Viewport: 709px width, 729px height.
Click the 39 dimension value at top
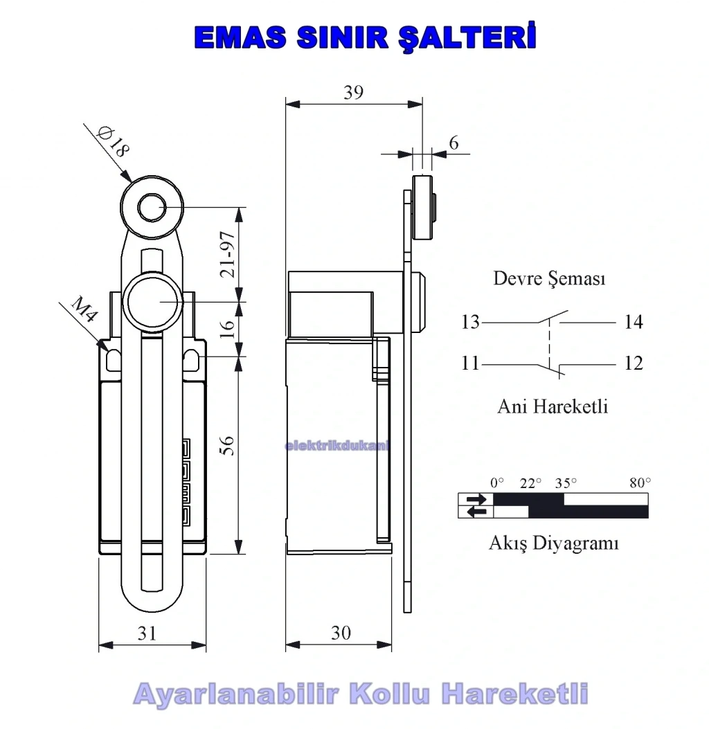coord(353,93)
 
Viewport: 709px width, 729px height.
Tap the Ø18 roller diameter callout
coord(113,142)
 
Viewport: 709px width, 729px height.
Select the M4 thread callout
coord(85,309)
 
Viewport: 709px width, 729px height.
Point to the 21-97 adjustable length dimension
coord(228,254)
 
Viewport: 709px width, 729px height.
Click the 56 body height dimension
coord(227,445)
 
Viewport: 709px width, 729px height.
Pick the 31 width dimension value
coord(147,633)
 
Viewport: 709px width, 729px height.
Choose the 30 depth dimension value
coord(341,633)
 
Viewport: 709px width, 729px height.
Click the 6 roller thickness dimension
coord(454,143)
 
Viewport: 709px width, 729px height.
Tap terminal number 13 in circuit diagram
coord(470,322)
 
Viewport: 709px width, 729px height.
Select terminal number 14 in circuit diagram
coord(634,322)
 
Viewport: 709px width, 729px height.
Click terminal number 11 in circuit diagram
coord(470,363)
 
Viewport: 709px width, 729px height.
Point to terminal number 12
coord(634,363)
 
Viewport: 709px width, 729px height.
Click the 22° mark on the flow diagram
coord(530,483)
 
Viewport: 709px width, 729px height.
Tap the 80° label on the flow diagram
coord(640,483)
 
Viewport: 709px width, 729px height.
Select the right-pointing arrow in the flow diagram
coord(476,499)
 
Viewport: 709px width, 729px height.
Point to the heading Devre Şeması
coord(549,278)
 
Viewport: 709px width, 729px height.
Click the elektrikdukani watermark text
coord(336,446)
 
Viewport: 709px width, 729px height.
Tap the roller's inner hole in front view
coord(152,208)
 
